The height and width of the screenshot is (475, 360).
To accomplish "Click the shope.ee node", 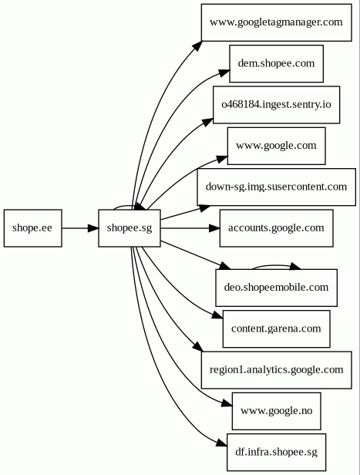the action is point(32,227).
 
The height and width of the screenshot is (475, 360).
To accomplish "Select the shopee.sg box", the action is point(130,227).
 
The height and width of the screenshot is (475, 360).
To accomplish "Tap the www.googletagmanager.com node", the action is point(276,22).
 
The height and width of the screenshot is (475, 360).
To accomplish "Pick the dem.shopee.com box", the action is point(276,63).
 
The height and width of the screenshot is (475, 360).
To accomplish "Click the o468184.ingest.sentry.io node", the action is point(276,105).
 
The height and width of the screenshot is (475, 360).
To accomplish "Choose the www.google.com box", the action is point(276,146).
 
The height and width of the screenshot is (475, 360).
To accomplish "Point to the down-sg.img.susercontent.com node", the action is point(276,187).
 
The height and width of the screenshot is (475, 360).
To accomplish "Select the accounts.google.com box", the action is point(276,227).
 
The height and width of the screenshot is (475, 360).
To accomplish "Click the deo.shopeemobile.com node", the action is point(276,288).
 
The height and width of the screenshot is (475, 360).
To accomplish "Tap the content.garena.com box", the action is point(276,328).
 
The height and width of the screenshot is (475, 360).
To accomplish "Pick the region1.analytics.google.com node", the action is point(276,370).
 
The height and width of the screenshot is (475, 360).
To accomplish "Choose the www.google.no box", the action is point(276,411).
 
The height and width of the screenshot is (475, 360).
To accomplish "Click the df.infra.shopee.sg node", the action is point(276,453).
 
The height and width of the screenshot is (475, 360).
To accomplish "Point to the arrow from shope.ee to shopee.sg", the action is point(80,227).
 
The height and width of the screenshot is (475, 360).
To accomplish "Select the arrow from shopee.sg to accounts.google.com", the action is point(190,227).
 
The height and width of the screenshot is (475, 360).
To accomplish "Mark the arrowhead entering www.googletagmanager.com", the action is point(197,45).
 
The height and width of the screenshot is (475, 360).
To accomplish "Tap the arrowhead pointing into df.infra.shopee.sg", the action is point(222,443).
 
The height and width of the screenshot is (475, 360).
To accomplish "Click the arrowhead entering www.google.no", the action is point(227,403).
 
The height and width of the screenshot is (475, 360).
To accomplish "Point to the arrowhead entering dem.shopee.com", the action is point(224,72).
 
